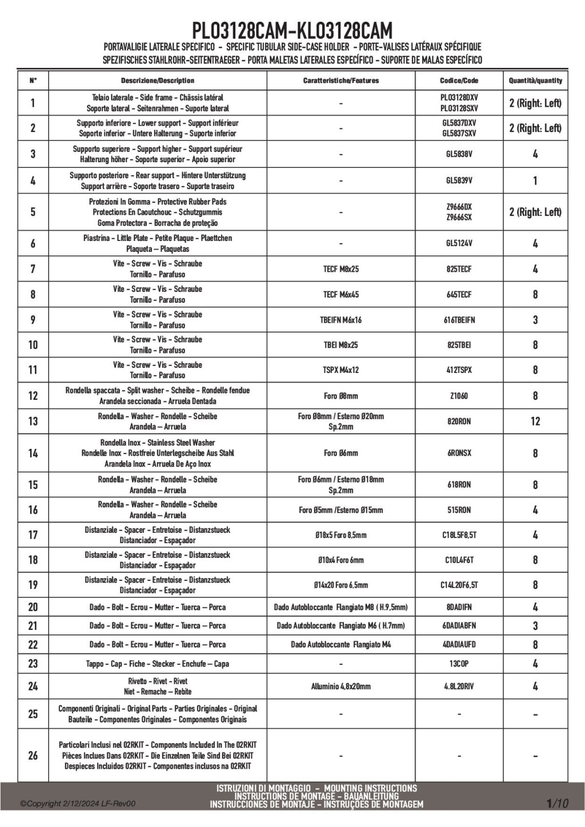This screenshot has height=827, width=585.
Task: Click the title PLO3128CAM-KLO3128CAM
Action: [292, 30]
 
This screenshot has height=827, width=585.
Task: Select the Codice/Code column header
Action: [459, 81]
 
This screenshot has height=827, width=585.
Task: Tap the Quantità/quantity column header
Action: [535, 81]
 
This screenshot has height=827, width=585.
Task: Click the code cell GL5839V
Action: [459, 180]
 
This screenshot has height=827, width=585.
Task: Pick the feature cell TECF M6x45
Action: [340, 295]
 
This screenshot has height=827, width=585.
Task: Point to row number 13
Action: [33, 421]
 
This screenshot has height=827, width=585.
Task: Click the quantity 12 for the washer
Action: [535, 421]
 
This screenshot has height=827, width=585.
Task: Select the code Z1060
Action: [459, 396]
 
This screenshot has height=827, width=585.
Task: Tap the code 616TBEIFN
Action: [459, 320]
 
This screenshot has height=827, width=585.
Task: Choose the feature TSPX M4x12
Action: [340, 370]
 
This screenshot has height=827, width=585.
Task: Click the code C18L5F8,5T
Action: [459, 535]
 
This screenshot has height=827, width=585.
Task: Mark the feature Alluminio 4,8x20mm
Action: [340, 687]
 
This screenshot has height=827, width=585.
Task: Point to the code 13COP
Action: [459, 664]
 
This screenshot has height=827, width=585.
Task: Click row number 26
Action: [33, 756]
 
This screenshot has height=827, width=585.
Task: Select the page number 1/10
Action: [558, 804]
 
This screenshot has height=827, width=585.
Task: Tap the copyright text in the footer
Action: [78, 804]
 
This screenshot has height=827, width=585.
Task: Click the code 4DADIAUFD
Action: [459, 644]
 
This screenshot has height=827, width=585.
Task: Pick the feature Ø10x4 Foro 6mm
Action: [340, 560]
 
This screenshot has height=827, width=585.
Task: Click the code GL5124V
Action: [459, 243]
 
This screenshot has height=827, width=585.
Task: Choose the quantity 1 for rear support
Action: [535, 180]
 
